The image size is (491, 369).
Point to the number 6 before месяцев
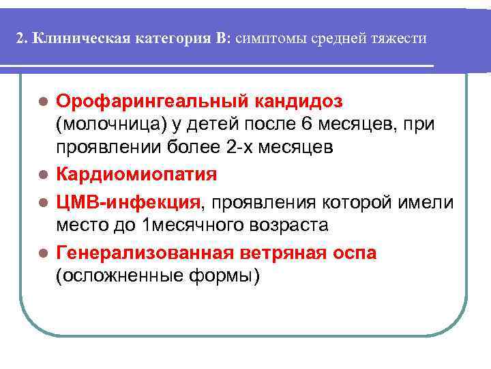coord(306,125)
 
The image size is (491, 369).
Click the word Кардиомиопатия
coord(136,174)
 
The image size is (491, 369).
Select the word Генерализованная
coord(145,252)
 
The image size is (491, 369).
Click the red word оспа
coord(352,252)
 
